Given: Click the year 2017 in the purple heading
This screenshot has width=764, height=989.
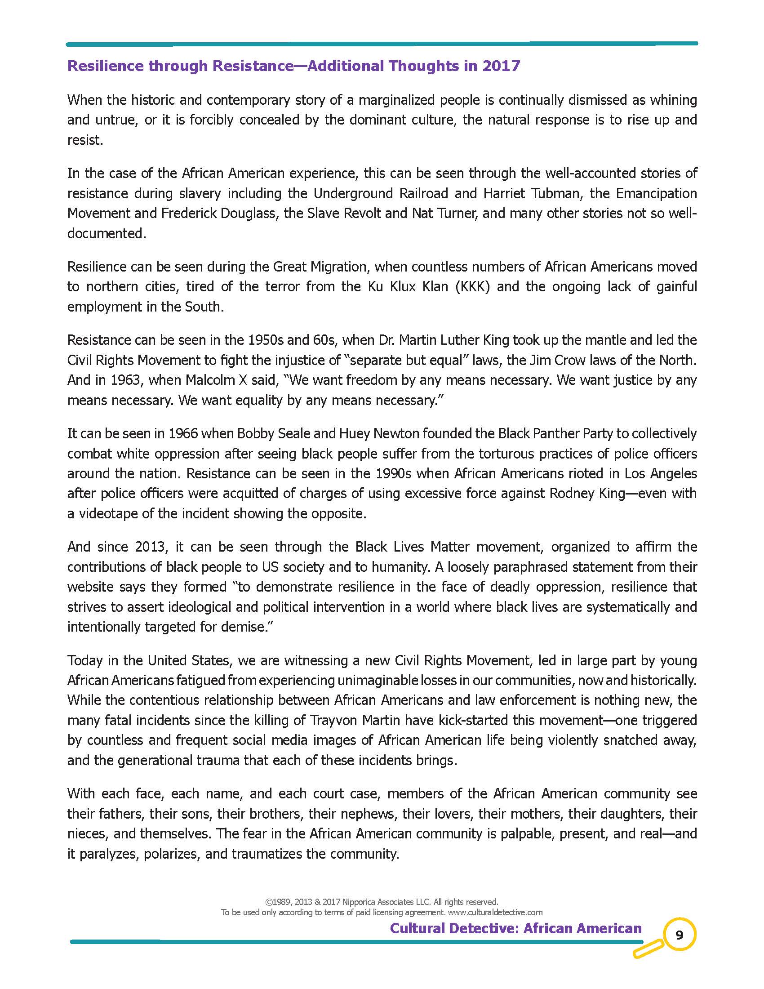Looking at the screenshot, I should (501, 66).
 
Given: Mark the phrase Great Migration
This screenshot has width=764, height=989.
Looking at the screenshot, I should (322, 267).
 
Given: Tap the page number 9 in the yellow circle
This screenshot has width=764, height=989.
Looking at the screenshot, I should (679, 935).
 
